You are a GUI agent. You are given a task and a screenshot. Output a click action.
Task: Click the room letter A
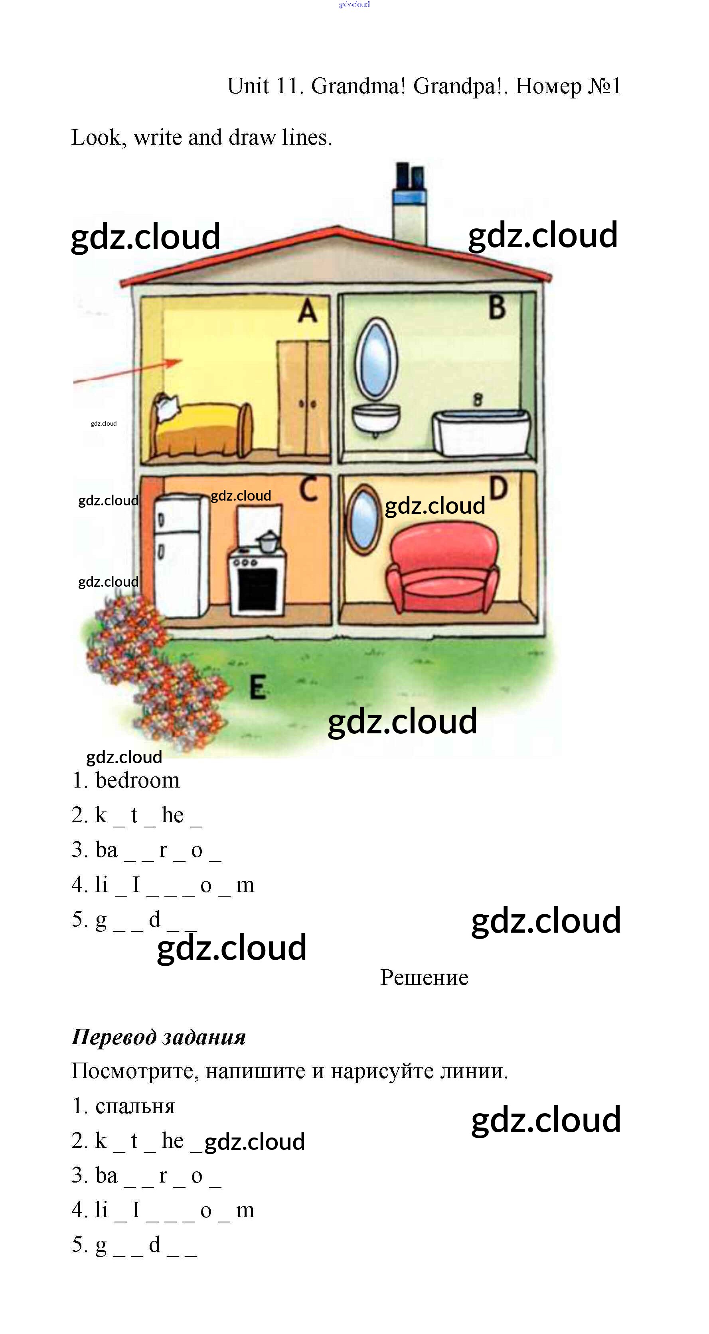pos(307,311)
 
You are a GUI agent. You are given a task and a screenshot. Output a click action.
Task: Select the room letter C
pos(309,489)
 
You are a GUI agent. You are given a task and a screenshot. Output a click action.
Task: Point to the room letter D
pos(498,488)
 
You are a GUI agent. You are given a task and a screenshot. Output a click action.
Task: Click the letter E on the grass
pos(258,687)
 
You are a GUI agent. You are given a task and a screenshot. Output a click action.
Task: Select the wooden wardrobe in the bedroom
pos(303,398)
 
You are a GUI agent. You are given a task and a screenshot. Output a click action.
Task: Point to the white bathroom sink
pos(376,417)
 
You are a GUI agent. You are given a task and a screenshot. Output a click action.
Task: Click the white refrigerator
pos(178,555)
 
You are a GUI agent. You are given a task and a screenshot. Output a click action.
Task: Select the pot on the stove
pos(269,541)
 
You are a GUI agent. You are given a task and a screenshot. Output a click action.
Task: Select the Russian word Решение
pos(424,978)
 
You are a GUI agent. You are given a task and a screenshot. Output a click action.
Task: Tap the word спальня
pos(135,1106)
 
